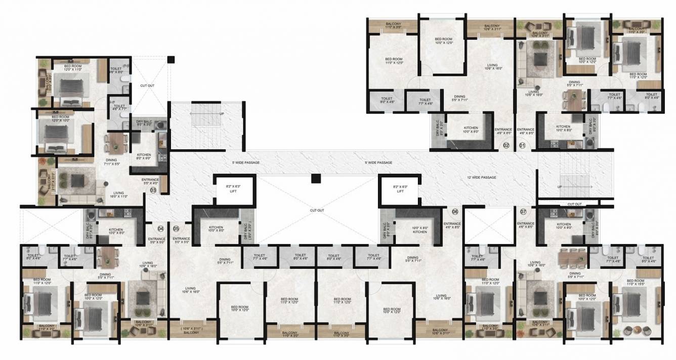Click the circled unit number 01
coord(523,146)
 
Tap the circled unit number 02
coord(505,146)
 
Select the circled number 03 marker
coord(153,190)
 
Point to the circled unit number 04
coord(161,228)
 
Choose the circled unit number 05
coord(176,228)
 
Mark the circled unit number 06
coord(455,211)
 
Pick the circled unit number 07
coord(523,211)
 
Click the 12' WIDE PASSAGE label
coord(482,178)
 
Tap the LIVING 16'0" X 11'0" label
coord(120,194)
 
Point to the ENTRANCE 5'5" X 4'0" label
coord(151,181)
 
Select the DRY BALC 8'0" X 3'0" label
coord(144,123)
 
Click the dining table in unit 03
coord(116,141)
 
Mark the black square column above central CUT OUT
coord(315,178)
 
